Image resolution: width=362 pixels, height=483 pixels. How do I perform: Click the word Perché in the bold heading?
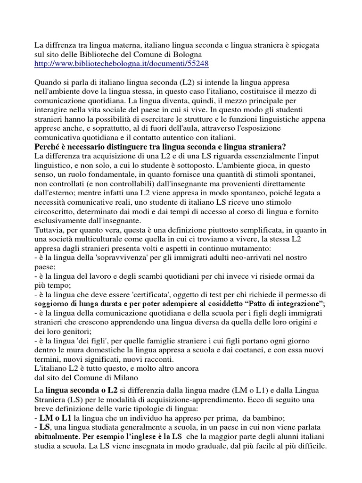click(x=47, y=147)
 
